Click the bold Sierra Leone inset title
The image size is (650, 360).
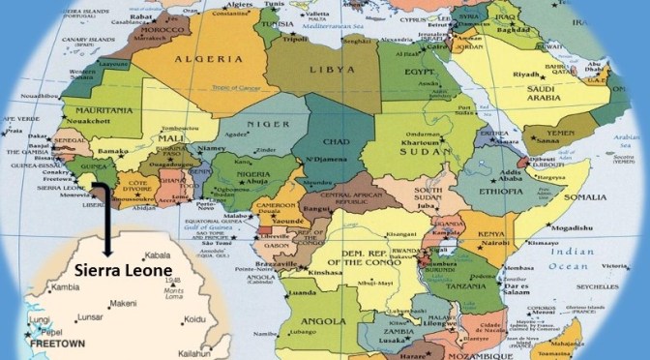pyautogui.click(x=122, y=271)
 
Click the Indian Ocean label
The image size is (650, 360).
pyautogui.click(x=586, y=258)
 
